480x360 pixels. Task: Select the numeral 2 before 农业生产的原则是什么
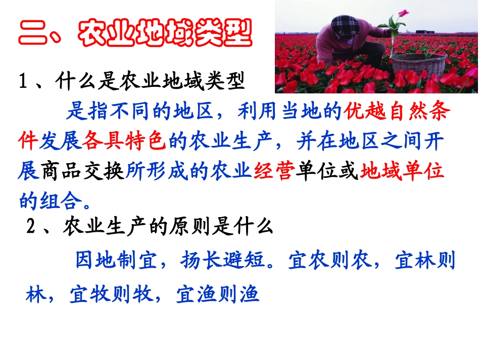[31, 228]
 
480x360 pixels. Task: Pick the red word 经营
[275, 172]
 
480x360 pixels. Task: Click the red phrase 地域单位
[402, 172]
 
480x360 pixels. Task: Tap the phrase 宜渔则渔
[217, 294]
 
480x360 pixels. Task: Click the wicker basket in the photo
[419, 64]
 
